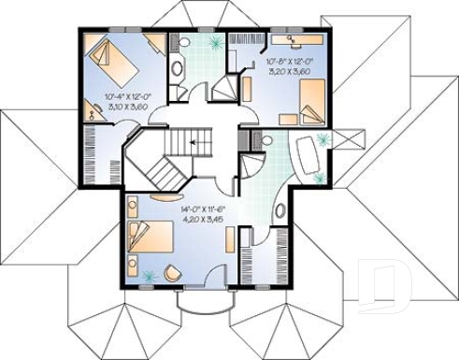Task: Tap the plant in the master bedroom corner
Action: coord(147,276)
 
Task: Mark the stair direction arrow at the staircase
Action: coord(194,141)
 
